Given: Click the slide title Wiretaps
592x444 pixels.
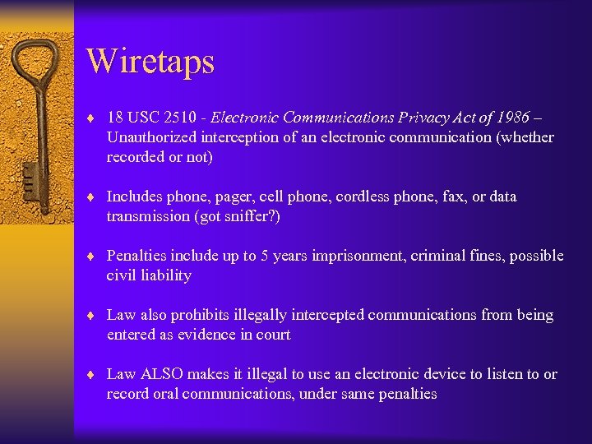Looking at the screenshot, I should point(150,62).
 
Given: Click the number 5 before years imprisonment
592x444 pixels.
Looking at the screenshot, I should point(266,256).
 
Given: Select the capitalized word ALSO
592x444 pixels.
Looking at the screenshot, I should point(162,374).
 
